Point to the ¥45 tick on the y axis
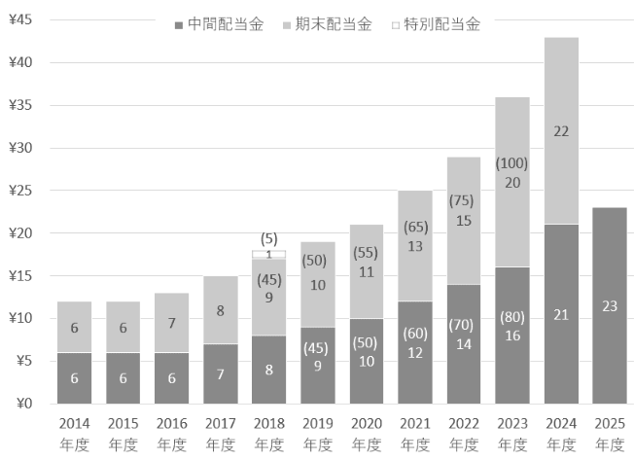point(20,20)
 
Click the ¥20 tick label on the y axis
point(20,233)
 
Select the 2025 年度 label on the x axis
point(610,435)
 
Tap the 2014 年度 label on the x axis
point(74,435)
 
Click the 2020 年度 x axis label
point(367,435)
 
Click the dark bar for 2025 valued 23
point(610,305)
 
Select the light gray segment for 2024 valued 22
point(561,130)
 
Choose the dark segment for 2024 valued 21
point(561,314)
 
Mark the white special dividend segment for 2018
point(268,254)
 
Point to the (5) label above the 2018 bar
point(268,238)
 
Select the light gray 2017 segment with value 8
point(220,310)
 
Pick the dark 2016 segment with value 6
point(171,378)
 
